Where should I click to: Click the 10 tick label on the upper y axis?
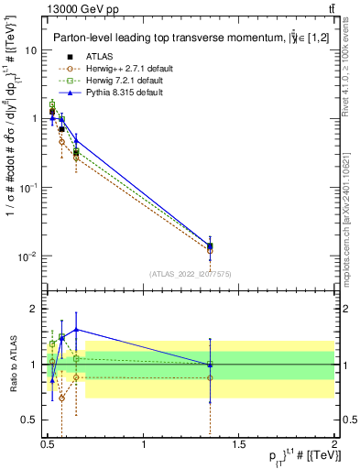pyautogui.click(x=30, y=50)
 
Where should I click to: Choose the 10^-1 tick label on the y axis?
pyautogui.click(x=27, y=187)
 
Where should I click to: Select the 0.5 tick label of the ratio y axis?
pyautogui.click(x=28, y=420)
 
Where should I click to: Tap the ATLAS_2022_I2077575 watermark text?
pyautogui.click(x=190, y=274)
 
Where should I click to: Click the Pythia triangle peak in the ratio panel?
pyautogui.click(x=76, y=329)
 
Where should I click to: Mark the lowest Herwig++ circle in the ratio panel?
pyautogui.click(x=61, y=398)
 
